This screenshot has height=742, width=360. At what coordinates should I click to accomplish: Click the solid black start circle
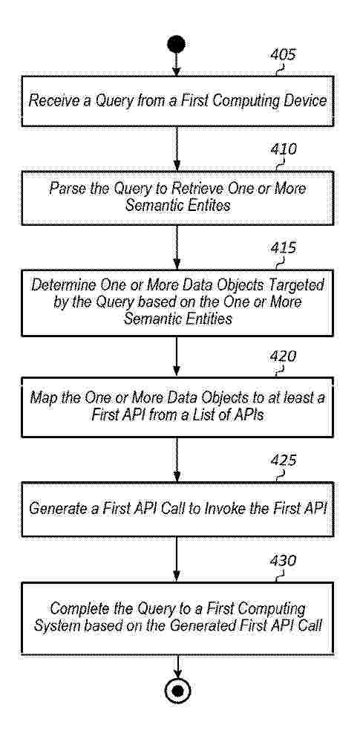[176, 45]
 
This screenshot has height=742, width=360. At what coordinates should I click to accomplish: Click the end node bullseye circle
[177, 691]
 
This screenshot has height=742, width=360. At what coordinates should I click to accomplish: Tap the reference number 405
[284, 54]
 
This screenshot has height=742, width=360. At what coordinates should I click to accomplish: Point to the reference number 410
[284, 149]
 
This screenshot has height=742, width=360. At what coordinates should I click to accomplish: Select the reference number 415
[284, 248]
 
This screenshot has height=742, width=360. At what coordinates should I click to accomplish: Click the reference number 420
[284, 356]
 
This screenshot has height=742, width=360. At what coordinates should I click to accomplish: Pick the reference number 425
[284, 460]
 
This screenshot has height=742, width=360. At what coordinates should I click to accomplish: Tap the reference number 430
[284, 561]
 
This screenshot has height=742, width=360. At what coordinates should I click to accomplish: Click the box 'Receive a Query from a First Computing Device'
[177, 101]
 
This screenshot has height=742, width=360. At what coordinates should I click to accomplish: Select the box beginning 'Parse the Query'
[177, 198]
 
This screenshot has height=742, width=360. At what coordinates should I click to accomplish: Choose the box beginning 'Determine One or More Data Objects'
[177, 303]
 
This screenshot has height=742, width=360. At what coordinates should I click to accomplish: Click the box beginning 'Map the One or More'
[177, 407]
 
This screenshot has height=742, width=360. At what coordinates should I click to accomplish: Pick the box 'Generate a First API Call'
[177, 510]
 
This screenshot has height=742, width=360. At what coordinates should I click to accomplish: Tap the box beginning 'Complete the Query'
[177, 618]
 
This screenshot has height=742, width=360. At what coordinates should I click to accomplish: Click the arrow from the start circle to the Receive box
[177, 65]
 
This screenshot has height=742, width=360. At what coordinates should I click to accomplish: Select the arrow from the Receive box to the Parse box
[177, 149]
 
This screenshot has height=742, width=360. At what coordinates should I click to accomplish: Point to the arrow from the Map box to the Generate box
[177, 460]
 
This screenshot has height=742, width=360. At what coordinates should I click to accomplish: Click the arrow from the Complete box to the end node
[178, 666]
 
